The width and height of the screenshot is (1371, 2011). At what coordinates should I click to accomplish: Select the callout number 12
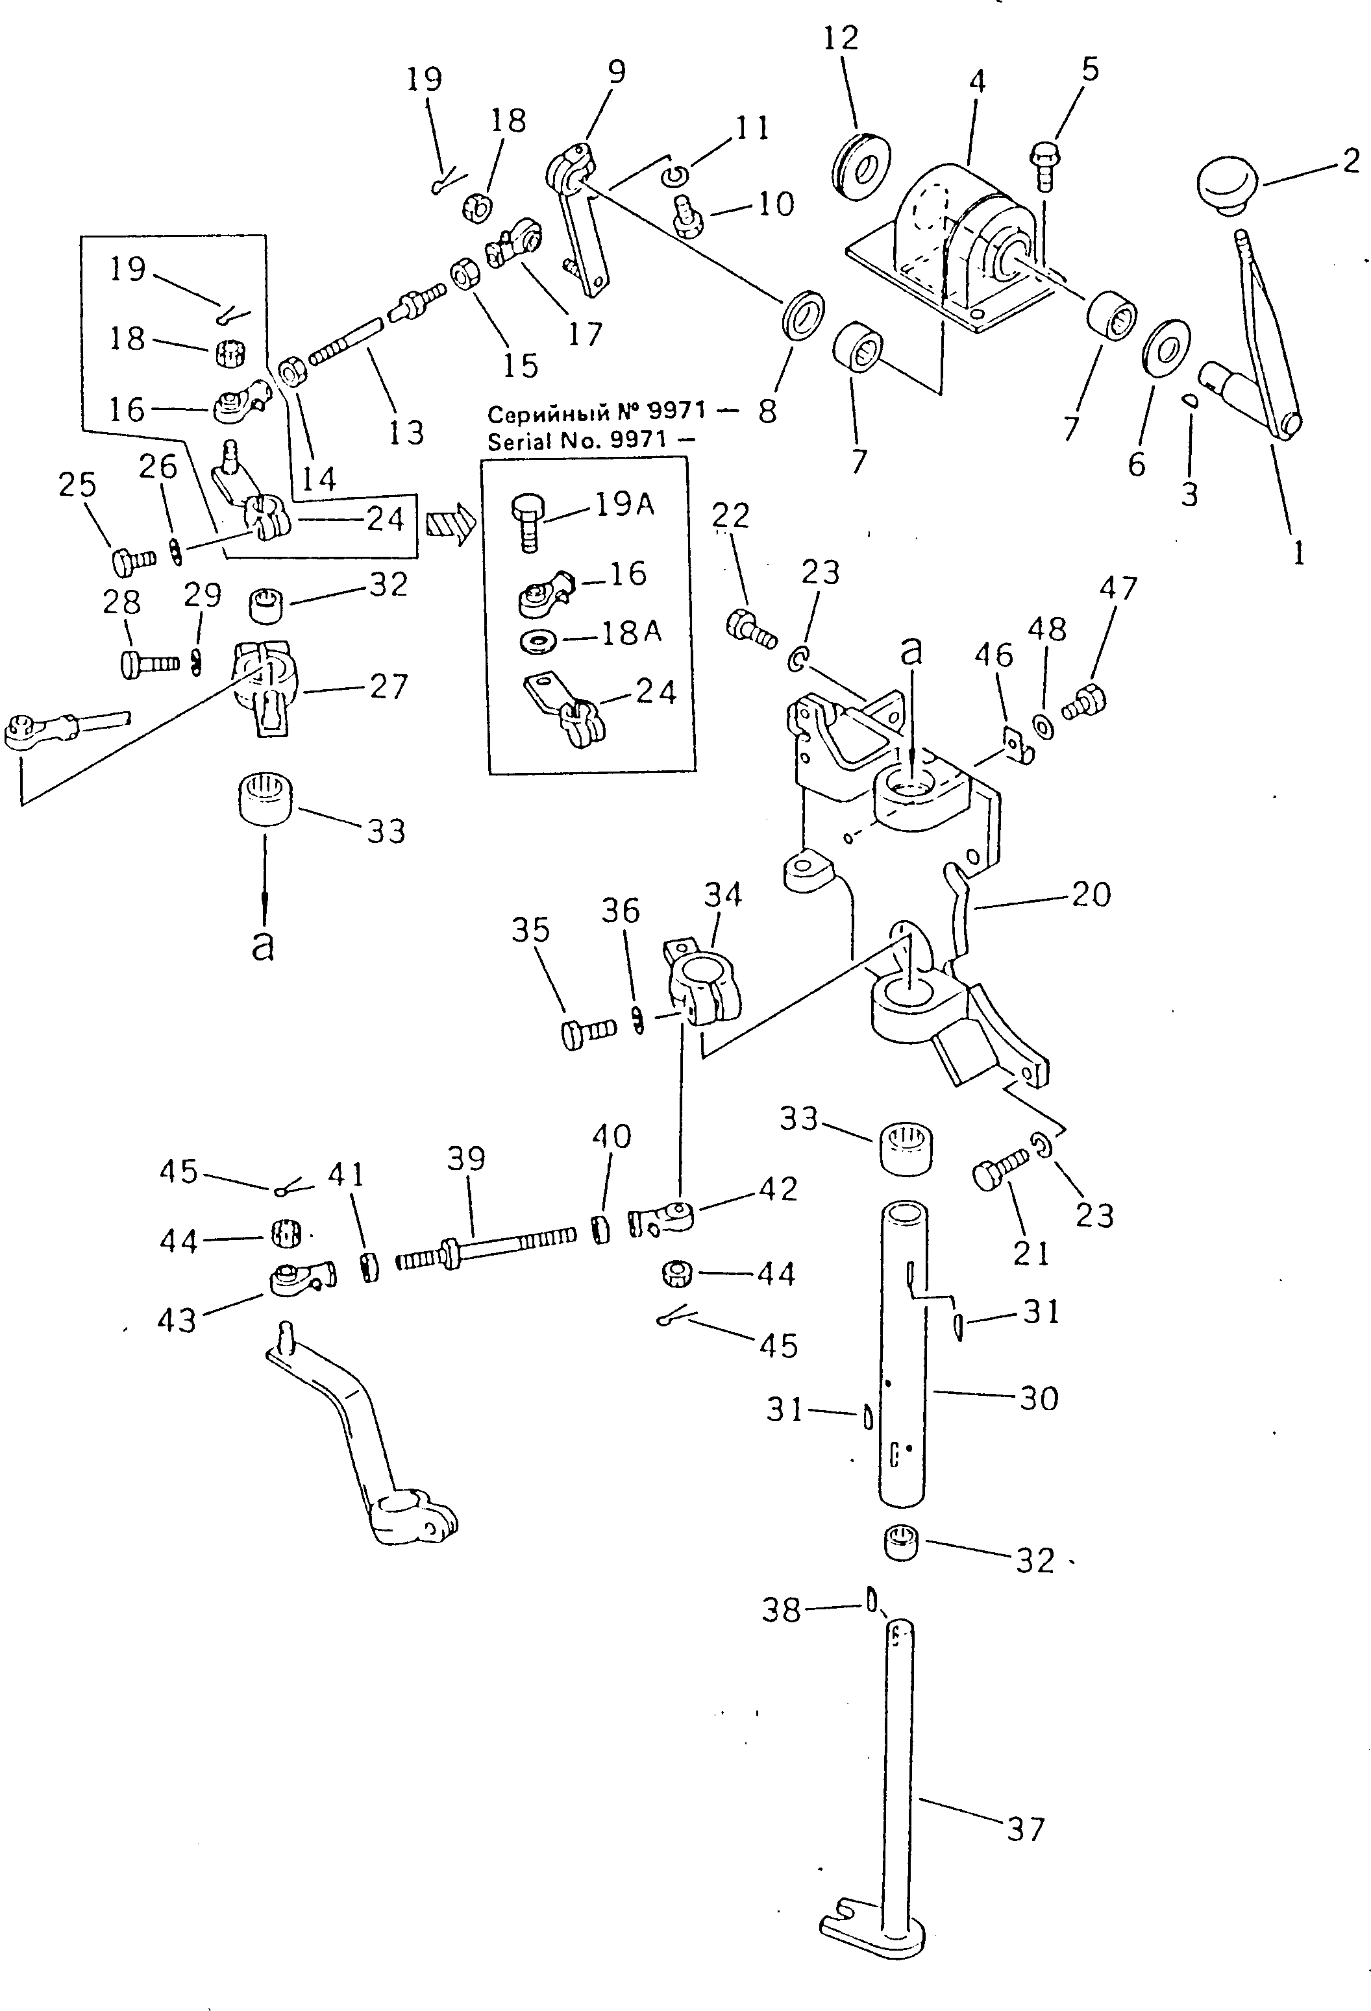841,40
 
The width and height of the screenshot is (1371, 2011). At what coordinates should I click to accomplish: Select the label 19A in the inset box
624,504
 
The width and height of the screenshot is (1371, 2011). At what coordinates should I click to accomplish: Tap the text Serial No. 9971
577,441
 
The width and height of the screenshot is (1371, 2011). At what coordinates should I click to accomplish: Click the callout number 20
1090,894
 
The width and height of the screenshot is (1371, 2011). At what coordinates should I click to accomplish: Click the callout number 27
387,686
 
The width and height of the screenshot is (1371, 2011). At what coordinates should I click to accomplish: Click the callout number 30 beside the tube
1038,1398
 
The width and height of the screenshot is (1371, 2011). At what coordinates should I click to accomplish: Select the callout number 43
177,1321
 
